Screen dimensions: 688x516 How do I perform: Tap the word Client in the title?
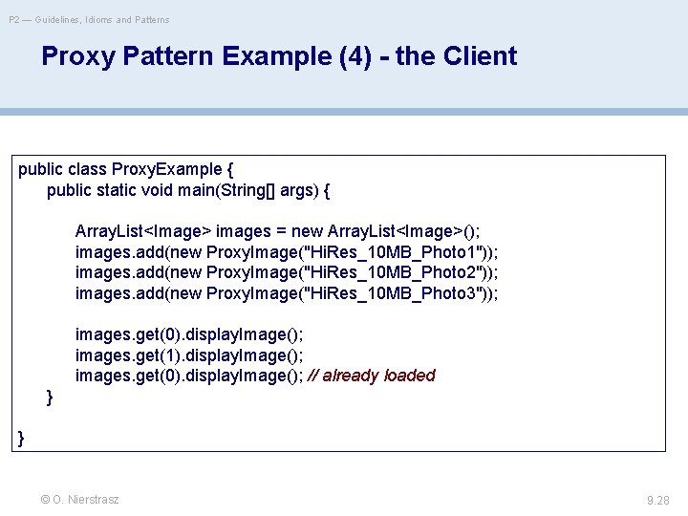click(478, 56)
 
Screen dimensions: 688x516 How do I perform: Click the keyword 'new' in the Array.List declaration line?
click(308, 231)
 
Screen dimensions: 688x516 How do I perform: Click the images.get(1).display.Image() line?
click(189, 355)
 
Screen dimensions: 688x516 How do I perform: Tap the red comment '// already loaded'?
click(372, 376)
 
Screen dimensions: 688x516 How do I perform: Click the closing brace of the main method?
click(50, 397)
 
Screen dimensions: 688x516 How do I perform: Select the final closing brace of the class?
click(22, 438)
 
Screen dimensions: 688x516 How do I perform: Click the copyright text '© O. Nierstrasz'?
click(79, 499)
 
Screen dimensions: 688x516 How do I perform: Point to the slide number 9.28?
click(658, 499)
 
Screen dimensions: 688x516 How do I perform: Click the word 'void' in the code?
click(157, 190)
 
